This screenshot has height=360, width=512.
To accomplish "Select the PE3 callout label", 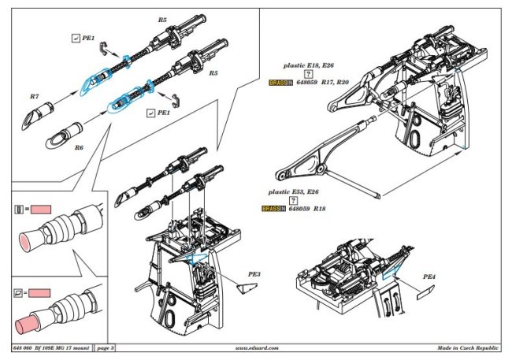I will coord(254,274).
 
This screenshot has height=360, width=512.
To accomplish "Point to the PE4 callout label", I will coord(429,276).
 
